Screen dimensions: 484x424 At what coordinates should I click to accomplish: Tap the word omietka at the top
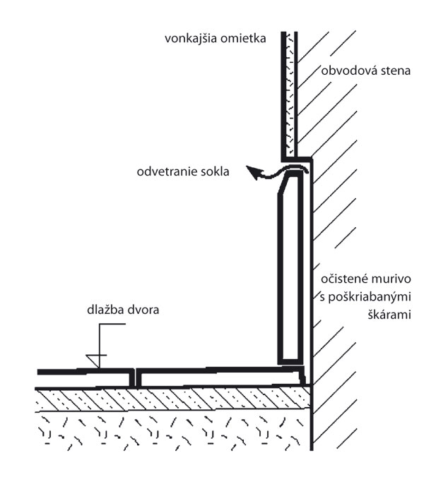[244, 40]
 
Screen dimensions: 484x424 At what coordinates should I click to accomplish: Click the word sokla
[215, 171]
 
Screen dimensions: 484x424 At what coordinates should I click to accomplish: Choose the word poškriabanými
[365, 294]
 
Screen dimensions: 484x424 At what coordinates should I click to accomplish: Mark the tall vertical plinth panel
[290, 275]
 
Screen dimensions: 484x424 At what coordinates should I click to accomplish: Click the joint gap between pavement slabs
[134, 377]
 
